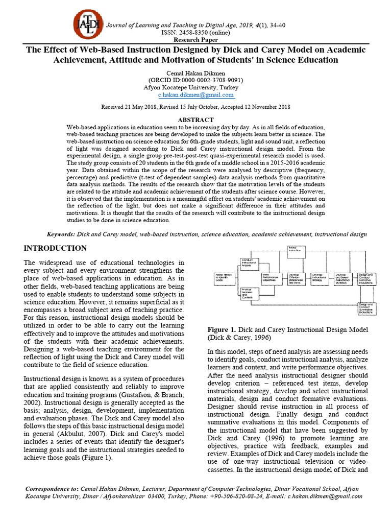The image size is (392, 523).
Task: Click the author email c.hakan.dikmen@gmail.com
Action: [x=195, y=94]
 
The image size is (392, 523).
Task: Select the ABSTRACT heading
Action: [x=195, y=120]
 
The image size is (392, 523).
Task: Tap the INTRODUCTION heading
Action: [x=56, y=248]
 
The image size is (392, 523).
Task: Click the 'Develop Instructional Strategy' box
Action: [x=318, y=278]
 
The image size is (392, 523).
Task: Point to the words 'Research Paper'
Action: [x=195, y=40]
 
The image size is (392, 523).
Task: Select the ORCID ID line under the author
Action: [x=195, y=80]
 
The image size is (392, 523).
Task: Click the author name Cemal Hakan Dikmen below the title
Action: [x=195, y=73]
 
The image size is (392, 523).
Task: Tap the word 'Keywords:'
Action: [x=61, y=234]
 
